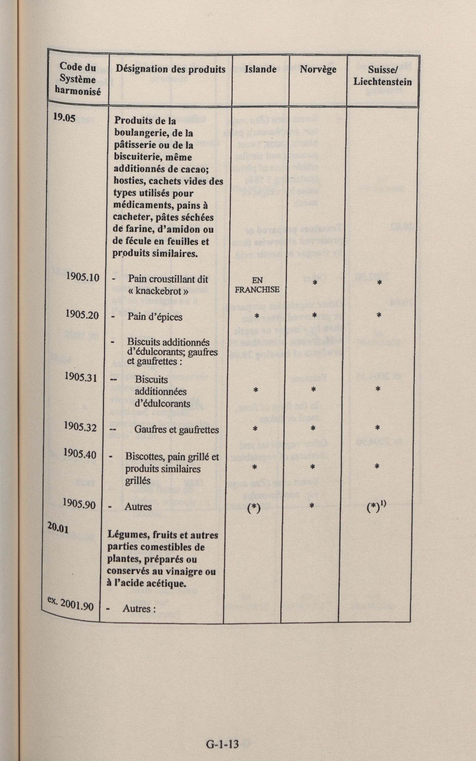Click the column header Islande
click(260, 69)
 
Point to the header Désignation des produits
click(170, 69)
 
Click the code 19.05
click(64, 117)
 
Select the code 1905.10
click(83, 277)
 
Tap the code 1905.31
click(81, 377)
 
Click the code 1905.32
click(80, 427)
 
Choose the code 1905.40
click(79, 454)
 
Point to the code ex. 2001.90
click(70, 603)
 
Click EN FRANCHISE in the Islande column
click(257, 285)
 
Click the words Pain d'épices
click(155, 317)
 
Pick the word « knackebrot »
click(158, 291)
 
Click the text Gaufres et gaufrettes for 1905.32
click(176, 430)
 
